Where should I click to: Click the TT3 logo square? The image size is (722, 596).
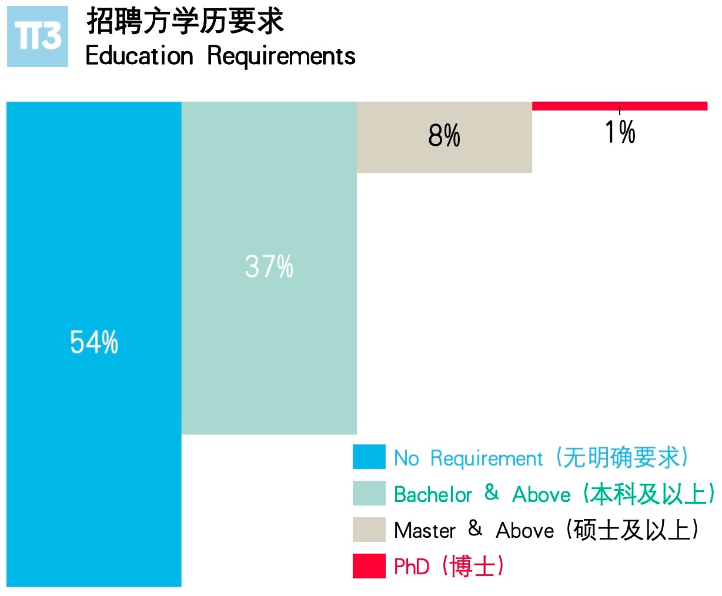click(38, 36)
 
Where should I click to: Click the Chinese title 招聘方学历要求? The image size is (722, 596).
click(185, 22)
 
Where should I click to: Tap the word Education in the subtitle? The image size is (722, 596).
click(139, 56)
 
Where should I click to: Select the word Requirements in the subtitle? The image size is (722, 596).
click(281, 56)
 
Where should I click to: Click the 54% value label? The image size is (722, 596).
click(94, 342)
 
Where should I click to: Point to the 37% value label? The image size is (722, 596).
click(269, 267)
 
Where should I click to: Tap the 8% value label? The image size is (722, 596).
click(444, 136)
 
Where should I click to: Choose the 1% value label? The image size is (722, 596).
click(620, 132)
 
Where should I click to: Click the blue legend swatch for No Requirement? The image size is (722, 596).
click(369, 457)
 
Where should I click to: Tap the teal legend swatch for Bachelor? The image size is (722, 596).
click(369, 494)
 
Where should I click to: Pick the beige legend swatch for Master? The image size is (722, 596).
click(369, 530)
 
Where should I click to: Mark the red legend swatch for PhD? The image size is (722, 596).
click(369, 566)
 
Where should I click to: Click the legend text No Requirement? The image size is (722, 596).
click(468, 458)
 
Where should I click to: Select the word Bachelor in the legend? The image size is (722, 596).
click(433, 494)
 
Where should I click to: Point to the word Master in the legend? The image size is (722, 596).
click(424, 531)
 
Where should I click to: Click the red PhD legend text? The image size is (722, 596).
click(412, 567)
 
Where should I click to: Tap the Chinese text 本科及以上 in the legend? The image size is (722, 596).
click(649, 494)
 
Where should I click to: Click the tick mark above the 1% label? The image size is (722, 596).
click(620, 111)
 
